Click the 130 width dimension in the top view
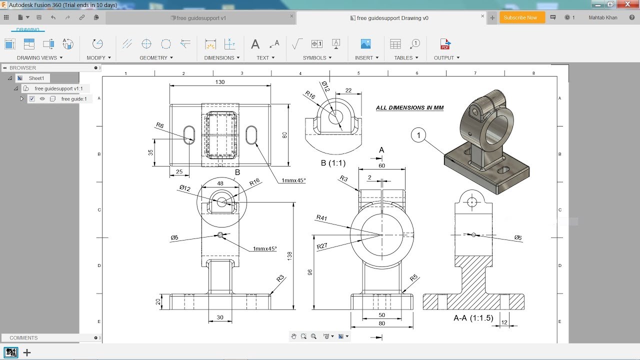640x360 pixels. pyautogui.click(x=220, y=82)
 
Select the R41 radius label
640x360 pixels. pyautogui.click(x=321, y=217)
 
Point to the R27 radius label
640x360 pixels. pyautogui.click(x=322, y=246)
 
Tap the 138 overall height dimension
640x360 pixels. pyautogui.click(x=289, y=255)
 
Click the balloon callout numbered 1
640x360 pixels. pyautogui.click(x=418, y=135)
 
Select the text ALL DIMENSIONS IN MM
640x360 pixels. pyautogui.click(x=409, y=108)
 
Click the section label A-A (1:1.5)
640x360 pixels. pyautogui.click(x=473, y=318)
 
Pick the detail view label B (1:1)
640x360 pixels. pyautogui.click(x=333, y=163)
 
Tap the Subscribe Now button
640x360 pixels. pyautogui.click(x=520, y=17)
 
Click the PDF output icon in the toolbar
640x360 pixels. pyautogui.click(x=444, y=44)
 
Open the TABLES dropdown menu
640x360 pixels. pyautogui.click(x=406, y=58)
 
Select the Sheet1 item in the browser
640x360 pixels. pyautogui.click(x=36, y=78)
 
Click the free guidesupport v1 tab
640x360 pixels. pyautogui.click(x=201, y=18)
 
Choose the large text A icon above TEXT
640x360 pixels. pyautogui.click(x=255, y=44)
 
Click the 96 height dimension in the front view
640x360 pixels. pyautogui.click(x=310, y=272)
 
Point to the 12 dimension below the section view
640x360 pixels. pyautogui.click(x=504, y=322)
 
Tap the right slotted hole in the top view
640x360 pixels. pyautogui.click(x=251, y=135)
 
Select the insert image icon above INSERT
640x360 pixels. pyautogui.click(x=365, y=44)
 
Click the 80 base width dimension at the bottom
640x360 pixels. pyautogui.click(x=381, y=323)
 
